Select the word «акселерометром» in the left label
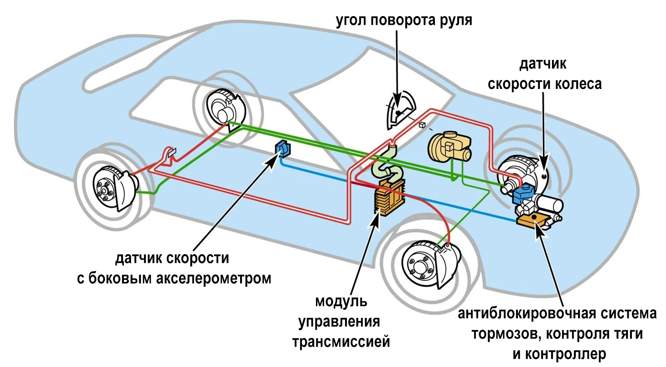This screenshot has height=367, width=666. point(213,279)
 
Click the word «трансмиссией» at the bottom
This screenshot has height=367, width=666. point(341,342)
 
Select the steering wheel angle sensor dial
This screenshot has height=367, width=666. point(400,109)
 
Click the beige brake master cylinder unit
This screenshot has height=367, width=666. point(449,146)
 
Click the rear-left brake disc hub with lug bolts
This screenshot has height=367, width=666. point(105,189)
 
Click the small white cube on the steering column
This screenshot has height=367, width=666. point(422,125)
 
